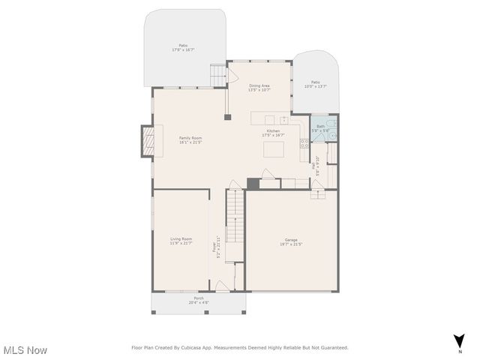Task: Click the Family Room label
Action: (x=190, y=138)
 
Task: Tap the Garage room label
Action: (x=291, y=240)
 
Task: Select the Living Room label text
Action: (x=181, y=238)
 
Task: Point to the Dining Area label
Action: (x=259, y=85)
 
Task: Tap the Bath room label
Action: (x=321, y=126)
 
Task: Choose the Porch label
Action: (x=199, y=298)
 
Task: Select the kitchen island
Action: (x=273, y=149)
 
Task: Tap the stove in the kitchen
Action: (x=304, y=142)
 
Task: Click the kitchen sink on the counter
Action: (x=269, y=119)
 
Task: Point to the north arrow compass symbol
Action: (x=459, y=340)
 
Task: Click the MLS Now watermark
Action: (x=25, y=350)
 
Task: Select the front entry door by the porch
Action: (x=222, y=286)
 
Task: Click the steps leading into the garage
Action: (x=318, y=193)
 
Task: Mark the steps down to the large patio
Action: (x=217, y=75)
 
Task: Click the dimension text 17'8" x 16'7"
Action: (x=183, y=50)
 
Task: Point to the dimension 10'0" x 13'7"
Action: (x=316, y=86)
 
